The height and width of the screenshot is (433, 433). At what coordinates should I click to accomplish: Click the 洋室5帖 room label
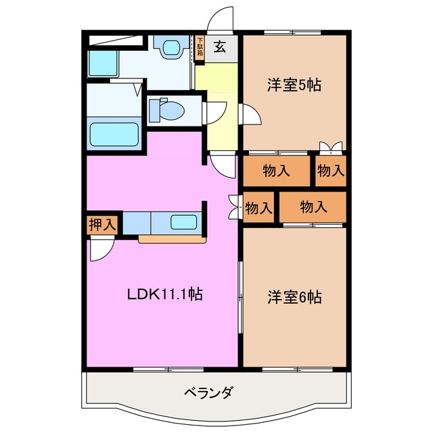coord(293,85)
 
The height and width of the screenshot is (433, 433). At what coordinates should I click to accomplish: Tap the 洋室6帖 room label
coord(294,296)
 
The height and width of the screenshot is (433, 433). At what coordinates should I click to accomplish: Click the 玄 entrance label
coord(221,47)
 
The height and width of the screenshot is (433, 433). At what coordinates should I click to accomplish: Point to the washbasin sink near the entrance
coord(170,47)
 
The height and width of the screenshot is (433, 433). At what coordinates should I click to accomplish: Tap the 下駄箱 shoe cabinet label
coord(200,50)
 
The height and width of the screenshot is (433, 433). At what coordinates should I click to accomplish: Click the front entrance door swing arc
coord(220,20)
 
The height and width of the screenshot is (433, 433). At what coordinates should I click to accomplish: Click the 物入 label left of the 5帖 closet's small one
coord(276,170)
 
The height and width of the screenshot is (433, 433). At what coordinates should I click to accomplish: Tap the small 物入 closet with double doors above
coord(330,170)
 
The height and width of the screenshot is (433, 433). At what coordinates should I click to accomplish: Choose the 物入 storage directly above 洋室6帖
coord(313,206)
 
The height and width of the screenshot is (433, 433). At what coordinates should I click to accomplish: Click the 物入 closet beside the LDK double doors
coord(258,208)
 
